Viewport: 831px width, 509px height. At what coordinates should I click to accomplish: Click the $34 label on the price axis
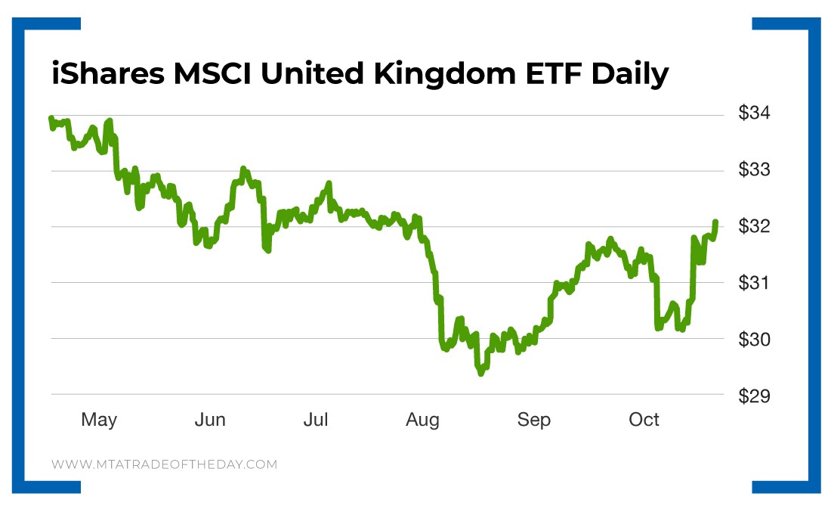tap(754, 114)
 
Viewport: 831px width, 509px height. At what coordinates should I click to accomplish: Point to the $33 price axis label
tap(754, 170)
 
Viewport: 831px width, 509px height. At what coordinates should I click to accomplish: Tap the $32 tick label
tap(754, 227)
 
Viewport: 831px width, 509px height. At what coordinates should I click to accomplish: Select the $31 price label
tap(754, 283)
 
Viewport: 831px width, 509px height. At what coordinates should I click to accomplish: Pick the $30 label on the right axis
tap(754, 339)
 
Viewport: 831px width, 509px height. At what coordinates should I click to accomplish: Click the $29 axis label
tap(754, 396)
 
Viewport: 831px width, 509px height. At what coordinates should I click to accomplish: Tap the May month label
tap(99, 420)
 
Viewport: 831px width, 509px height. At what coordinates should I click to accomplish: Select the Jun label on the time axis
tap(209, 420)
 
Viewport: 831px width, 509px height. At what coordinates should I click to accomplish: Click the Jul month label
tap(315, 420)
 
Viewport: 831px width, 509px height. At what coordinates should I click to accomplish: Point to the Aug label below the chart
tap(422, 420)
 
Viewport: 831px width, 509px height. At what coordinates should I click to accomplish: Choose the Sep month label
tap(533, 420)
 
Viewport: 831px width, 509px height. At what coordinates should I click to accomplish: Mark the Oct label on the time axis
tap(644, 420)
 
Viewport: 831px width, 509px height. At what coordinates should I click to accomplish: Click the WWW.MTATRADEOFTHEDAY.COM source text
tap(165, 464)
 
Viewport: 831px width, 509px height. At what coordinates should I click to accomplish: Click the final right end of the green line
tap(715, 222)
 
